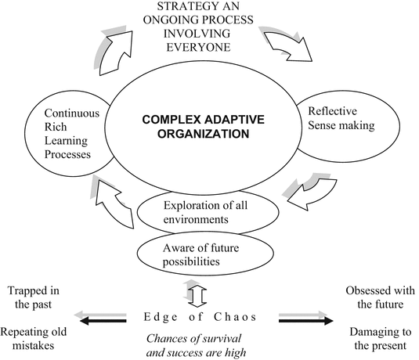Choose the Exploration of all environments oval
tap(206, 214)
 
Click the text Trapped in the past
tap(35, 299)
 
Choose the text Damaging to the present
tap(381, 336)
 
